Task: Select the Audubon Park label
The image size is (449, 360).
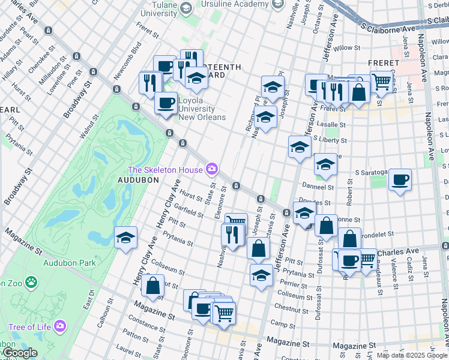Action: [69, 263]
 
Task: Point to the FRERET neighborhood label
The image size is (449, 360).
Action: [385, 63]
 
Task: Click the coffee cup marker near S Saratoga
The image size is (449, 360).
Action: [400, 179]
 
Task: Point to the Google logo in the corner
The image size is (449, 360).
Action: [20, 353]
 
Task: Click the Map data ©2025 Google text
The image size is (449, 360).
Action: [411, 355]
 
